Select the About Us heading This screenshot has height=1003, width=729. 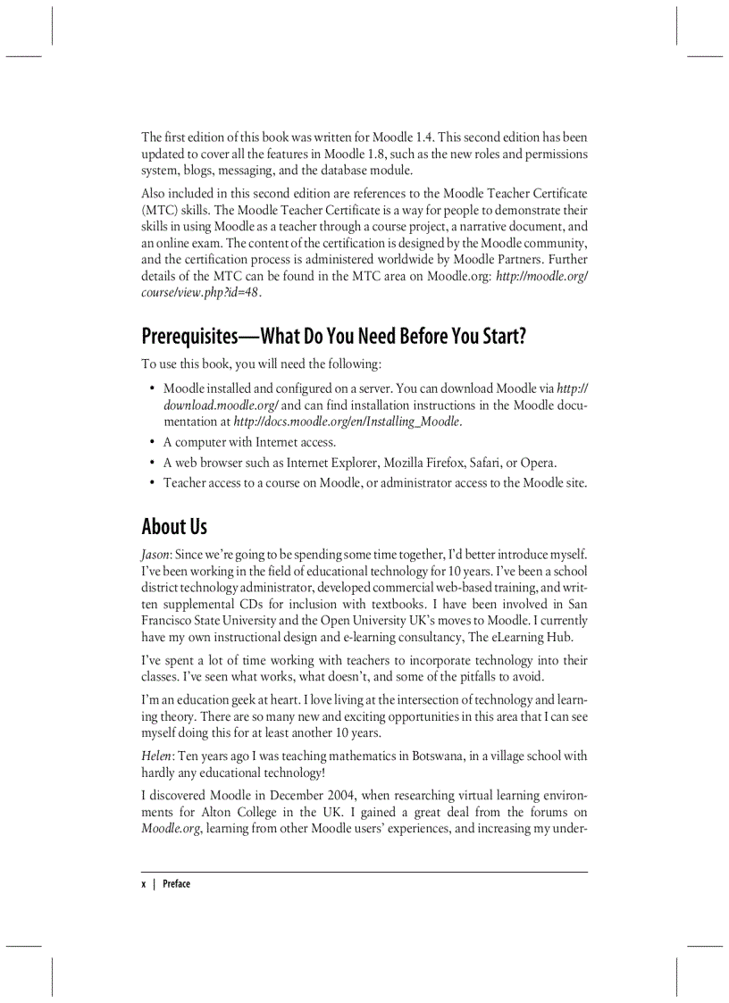click(174, 526)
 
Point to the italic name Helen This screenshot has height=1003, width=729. click(157, 756)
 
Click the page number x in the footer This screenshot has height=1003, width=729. click(143, 884)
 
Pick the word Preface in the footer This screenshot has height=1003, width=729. click(176, 884)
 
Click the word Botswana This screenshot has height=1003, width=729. click(439, 756)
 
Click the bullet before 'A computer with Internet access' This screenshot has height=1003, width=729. click(152, 442)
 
